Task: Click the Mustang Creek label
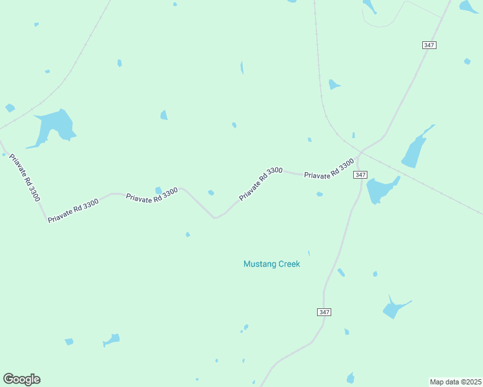271,264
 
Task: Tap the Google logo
21,379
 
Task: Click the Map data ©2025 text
455,382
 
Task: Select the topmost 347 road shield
430,45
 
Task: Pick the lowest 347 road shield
324,312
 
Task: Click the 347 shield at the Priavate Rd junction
360,175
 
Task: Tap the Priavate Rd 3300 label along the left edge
24,177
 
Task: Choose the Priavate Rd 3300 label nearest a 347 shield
329,169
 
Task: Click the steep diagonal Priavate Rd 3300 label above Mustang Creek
261,183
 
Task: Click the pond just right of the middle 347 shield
381,189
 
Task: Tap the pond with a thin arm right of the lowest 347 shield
393,308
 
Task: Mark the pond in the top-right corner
468,6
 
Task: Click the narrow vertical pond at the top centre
242,68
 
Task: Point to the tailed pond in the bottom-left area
112,339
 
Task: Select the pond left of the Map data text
351,377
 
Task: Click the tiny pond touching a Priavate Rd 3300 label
158,190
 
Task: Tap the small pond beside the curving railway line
334,84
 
